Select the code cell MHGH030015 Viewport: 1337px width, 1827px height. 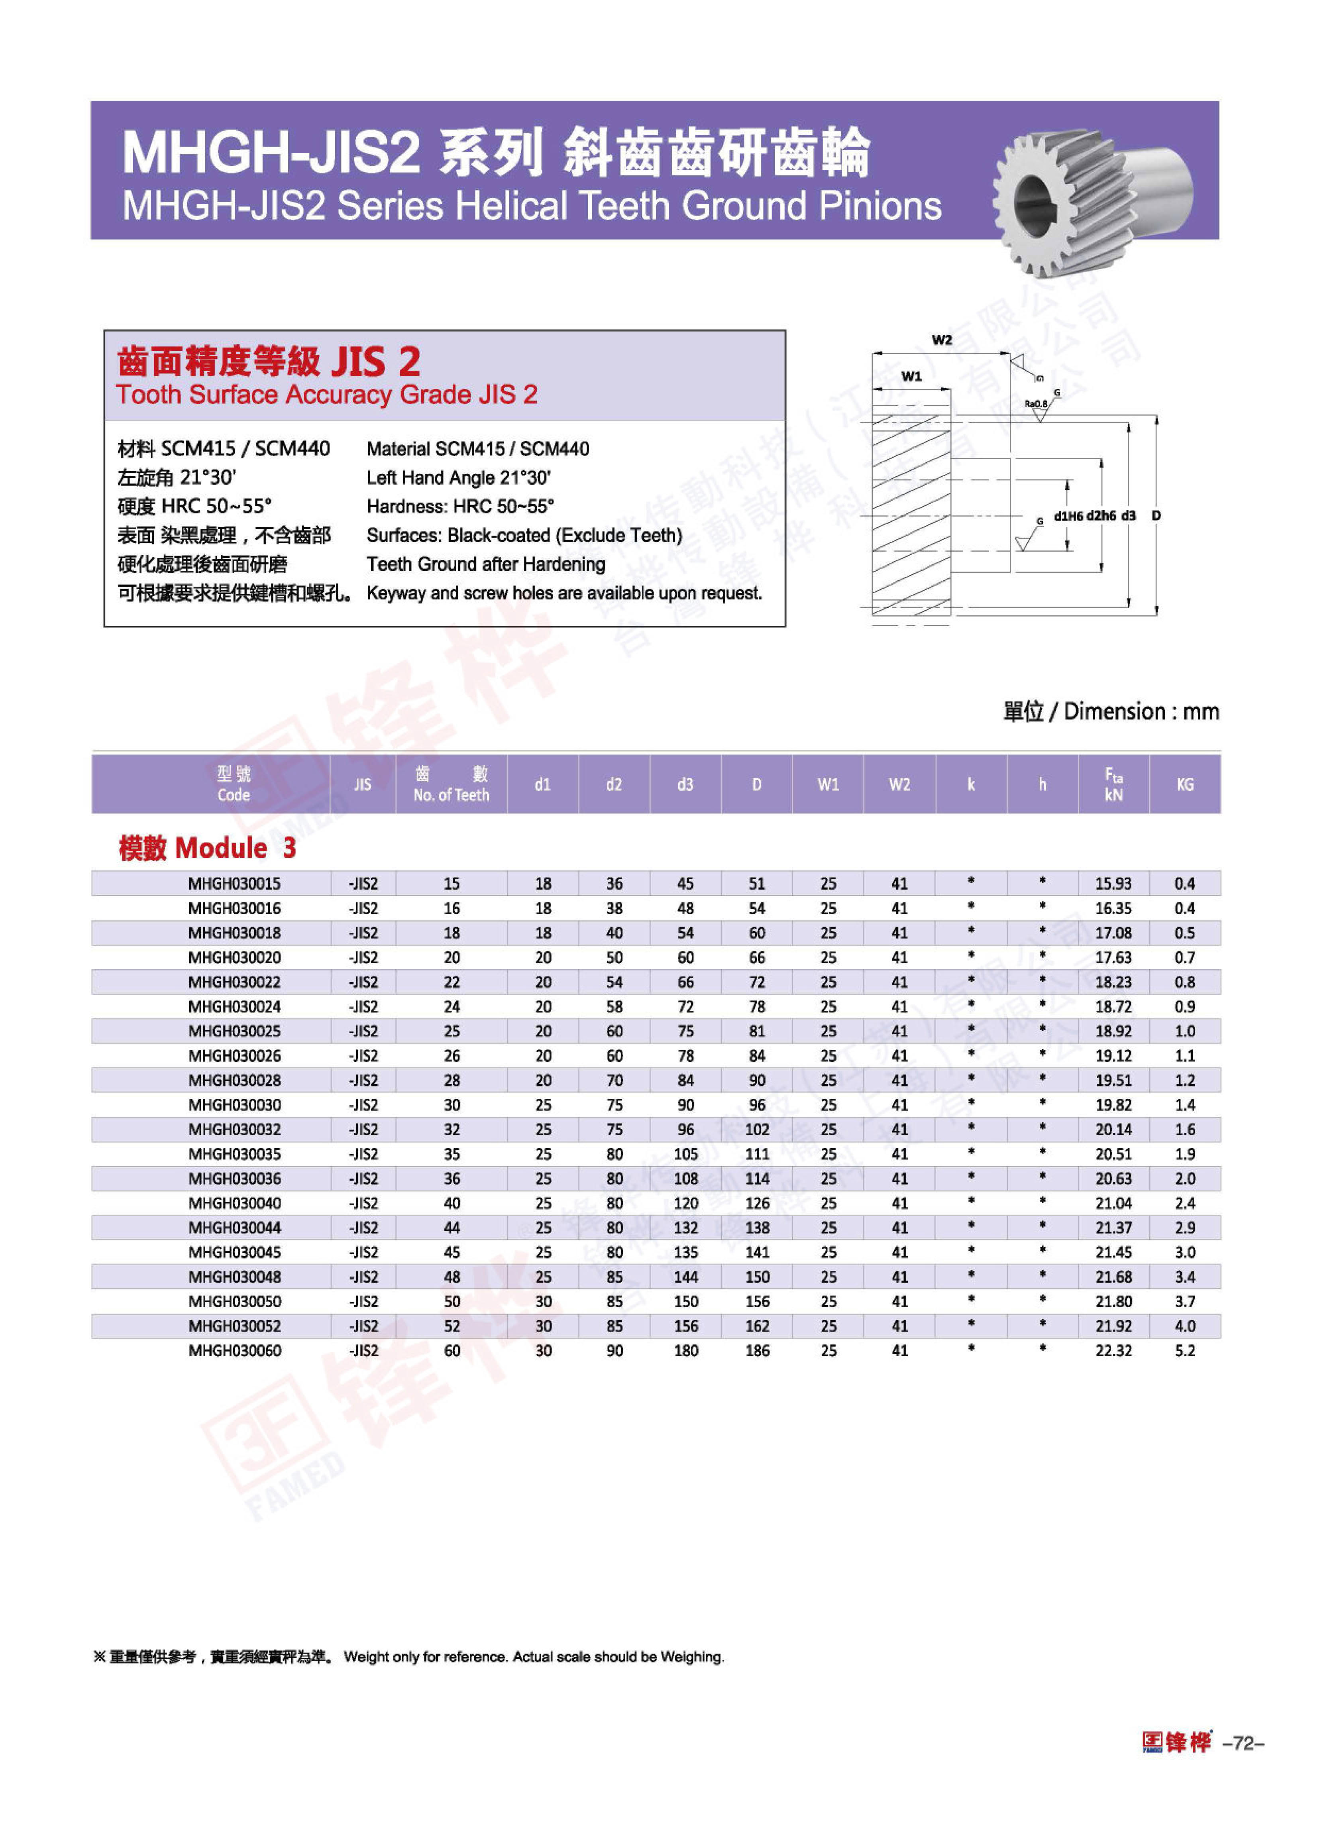235,883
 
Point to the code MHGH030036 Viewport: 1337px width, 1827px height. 235,1179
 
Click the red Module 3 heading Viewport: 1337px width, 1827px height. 207,847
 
